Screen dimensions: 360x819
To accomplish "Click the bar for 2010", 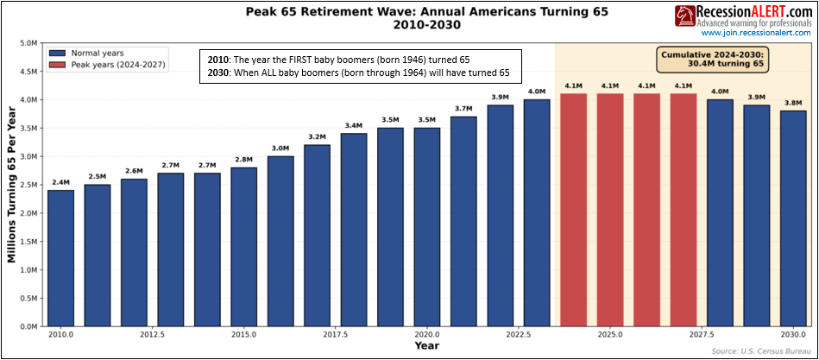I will coord(60,258).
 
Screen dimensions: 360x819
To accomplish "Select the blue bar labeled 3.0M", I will coord(280,241).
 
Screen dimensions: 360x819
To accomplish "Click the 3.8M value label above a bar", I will coord(793,103).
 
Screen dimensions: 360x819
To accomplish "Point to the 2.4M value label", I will coord(60,182).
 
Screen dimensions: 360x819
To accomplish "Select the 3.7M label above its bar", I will coord(463,109).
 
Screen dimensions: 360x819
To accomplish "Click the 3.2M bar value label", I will coord(317,137).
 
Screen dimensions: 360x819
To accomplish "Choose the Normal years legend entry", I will coord(96,52).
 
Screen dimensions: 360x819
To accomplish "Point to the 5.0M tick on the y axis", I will coord(28,43).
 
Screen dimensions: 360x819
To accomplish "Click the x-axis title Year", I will coord(426,346).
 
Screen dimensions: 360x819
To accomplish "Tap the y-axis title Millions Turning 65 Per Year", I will coord(12,185).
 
